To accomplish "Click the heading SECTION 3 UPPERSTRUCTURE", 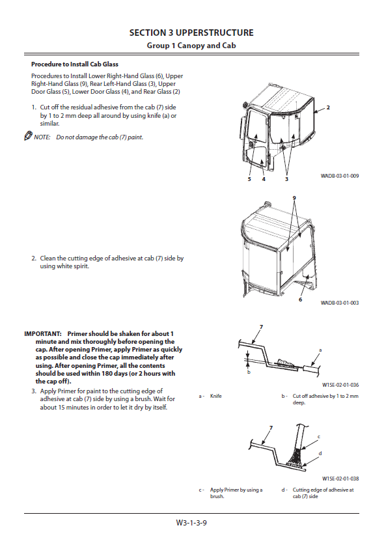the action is pos(191,33).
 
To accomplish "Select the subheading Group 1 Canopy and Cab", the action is pos(191,46).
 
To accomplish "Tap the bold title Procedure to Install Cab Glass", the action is pos(75,64).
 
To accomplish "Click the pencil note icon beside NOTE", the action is pos(28,136).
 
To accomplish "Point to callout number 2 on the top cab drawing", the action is pos(328,107).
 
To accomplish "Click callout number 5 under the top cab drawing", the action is pos(249,179).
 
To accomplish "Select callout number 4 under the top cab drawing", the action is pos(264,179).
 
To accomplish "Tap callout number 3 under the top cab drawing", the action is pos(286,179).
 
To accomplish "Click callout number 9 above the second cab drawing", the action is pos(294,198).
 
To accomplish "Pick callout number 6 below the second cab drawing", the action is pos(301,300).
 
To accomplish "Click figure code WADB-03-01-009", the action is pos(340,176).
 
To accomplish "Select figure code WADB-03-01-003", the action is pos(340,303).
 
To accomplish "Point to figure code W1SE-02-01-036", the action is pos(340,385).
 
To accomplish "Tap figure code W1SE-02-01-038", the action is pos(340,479).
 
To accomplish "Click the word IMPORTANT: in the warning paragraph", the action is pos(43,334).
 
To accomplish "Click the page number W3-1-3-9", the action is pos(191,522).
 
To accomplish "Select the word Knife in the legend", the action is pos(215,396).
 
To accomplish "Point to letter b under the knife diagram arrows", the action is pos(249,372).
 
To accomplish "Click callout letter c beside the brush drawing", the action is pos(319,437).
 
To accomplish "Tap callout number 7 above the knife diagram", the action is pos(261,327).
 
